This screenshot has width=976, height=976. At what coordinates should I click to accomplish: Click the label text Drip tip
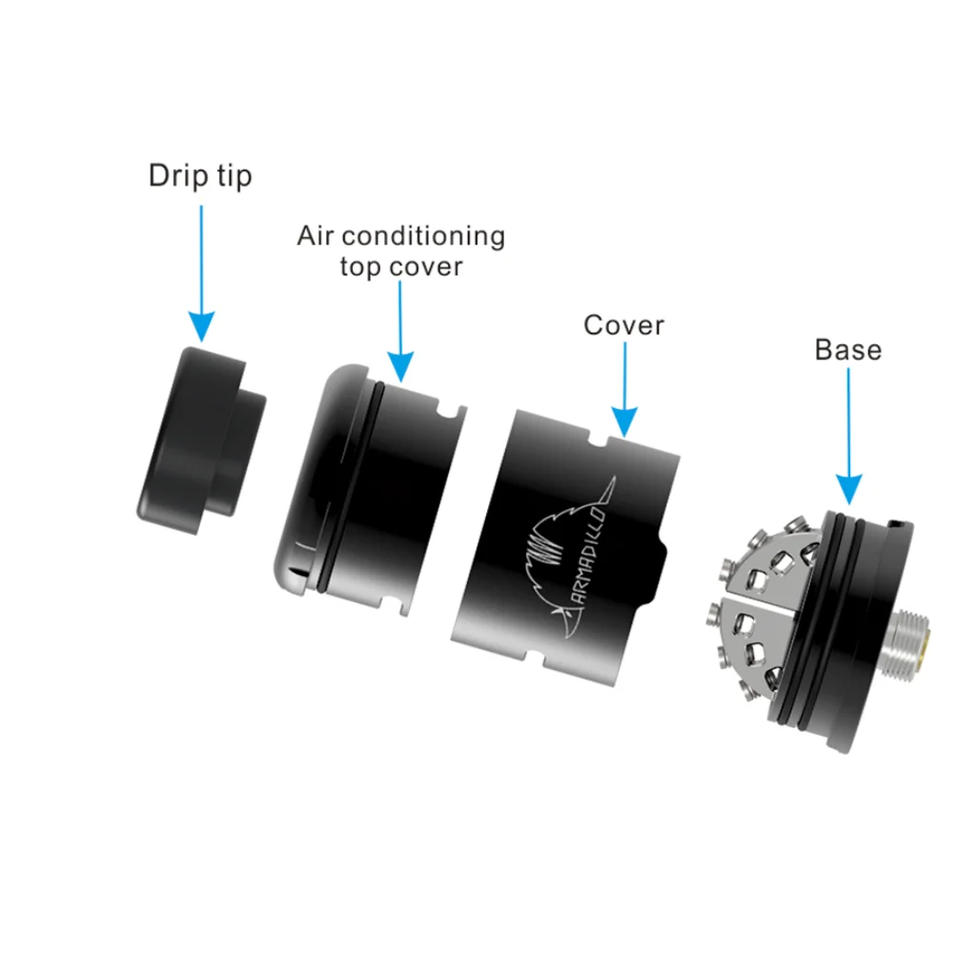pyautogui.click(x=200, y=176)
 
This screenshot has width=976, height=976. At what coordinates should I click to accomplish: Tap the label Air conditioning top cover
pyautogui.click(x=401, y=251)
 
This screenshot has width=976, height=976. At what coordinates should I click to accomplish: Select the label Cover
pyautogui.click(x=623, y=325)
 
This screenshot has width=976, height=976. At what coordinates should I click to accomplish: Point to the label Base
pyautogui.click(x=847, y=350)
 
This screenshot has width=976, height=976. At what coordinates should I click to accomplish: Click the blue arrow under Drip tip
pyautogui.click(x=201, y=274)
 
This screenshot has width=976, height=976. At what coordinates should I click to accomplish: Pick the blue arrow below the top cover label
pyautogui.click(x=400, y=331)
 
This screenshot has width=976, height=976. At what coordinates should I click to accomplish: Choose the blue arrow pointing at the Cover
pyautogui.click(x=624, y=389)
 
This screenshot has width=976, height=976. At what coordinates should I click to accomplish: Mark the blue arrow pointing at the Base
pyautogui.click(x=848, y=436)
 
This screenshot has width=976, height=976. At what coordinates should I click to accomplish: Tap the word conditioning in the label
pyautogui.click(x=423, y=237)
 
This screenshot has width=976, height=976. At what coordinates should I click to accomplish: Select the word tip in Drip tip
pyautogui.click(x=234, y=176)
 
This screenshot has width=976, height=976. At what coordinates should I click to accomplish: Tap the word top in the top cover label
pyautogui.click(x=360, y=268)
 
